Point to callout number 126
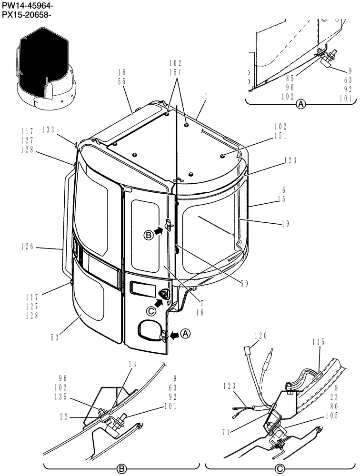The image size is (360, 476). (27, 247)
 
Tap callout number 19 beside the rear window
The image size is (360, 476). (285, 223)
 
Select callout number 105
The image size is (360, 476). (332, 416)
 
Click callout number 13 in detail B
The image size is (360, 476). (132, 364)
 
